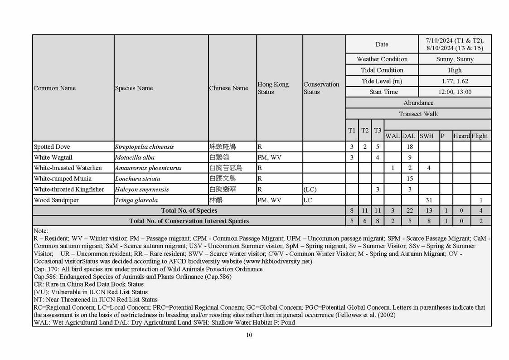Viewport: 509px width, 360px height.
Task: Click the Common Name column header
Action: click(55, 88)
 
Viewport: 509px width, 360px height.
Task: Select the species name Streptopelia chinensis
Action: click(144, 147)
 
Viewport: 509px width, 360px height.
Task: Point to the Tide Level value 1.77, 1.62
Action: click(455, 81)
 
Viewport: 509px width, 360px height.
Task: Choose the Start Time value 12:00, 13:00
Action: click(455, 92)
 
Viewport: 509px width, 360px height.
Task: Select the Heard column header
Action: click(461, 136)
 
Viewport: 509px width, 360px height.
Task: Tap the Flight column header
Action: click(480, 136)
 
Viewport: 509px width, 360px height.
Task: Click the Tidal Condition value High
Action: click(455, 70)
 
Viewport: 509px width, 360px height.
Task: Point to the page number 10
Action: click(249, 335)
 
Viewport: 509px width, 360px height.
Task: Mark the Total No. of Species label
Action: click(189, 210)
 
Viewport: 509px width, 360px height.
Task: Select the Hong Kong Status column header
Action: click(273, 88)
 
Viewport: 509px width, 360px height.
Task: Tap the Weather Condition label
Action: click(382, 59)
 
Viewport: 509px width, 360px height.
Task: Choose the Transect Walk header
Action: click(418, 114)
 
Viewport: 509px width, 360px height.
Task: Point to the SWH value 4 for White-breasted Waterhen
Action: click(429, 168)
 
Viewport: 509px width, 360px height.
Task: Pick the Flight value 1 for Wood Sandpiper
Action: click(480, 200)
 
